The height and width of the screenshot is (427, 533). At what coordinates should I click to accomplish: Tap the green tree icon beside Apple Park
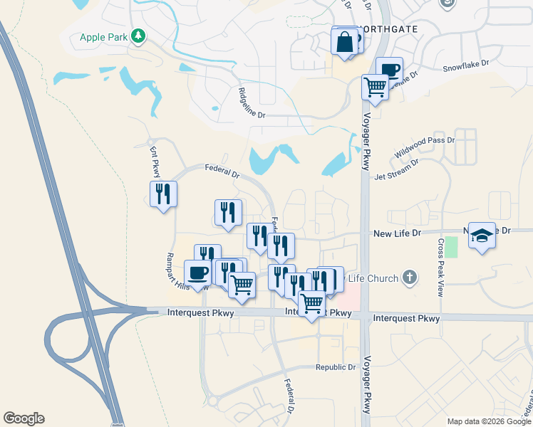(138, 35)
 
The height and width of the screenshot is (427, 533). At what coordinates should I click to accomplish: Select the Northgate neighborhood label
(389, 29)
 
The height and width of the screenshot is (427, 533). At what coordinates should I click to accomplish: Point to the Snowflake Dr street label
(466, 65)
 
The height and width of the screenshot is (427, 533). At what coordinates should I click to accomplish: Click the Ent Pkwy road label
(155, 163)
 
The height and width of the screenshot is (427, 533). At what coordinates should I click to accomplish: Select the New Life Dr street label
(398, 233)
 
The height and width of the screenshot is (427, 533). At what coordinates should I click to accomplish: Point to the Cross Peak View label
(441, 258)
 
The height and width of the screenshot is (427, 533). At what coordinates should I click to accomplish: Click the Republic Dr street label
(336, 367)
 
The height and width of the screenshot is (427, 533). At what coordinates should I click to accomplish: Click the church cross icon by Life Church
(409, 277)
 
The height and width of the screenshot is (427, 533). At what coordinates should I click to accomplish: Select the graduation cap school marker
(482, 236)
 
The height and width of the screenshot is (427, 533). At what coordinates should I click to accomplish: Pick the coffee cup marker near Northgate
(389, 70)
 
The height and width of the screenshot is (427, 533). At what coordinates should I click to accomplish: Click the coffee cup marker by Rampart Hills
(197, 273)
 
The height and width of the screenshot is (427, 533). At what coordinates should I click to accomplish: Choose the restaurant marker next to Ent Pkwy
(164, 194)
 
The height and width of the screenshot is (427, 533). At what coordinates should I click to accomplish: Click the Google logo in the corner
(24, 418)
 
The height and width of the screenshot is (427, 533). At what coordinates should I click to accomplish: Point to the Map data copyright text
(489, 421)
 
